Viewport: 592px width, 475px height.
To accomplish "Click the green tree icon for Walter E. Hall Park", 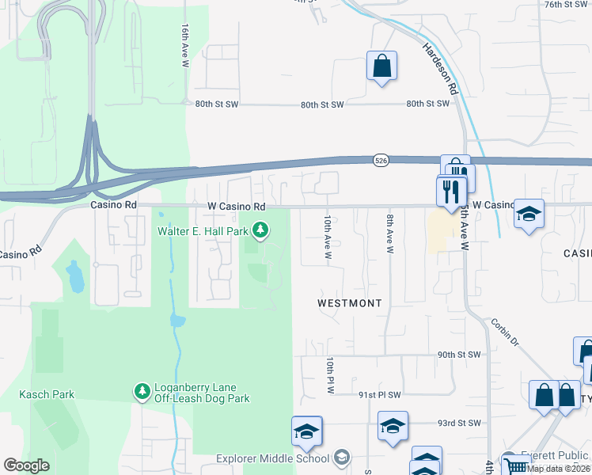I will pos(260,230).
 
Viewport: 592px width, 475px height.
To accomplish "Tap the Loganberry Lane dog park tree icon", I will pos(142,392).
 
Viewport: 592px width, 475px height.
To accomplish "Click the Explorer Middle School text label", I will pos(273,458).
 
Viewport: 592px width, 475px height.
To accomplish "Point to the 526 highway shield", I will pos(381,161).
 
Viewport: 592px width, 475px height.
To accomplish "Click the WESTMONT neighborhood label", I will pos(349,303).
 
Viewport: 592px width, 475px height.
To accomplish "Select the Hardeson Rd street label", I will pos(440,68).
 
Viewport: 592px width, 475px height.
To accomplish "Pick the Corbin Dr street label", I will pos(503,332).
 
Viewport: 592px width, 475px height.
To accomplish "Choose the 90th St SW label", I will pos(459,355).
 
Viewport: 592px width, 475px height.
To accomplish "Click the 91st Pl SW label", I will pos(380,394).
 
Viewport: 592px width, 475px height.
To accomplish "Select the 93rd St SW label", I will pos(459,424).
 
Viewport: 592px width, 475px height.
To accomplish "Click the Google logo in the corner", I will pos(27,465).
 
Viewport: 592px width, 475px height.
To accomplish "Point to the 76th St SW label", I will pos(566,5).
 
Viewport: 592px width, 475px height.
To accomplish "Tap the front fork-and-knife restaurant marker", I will pos(451,191).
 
